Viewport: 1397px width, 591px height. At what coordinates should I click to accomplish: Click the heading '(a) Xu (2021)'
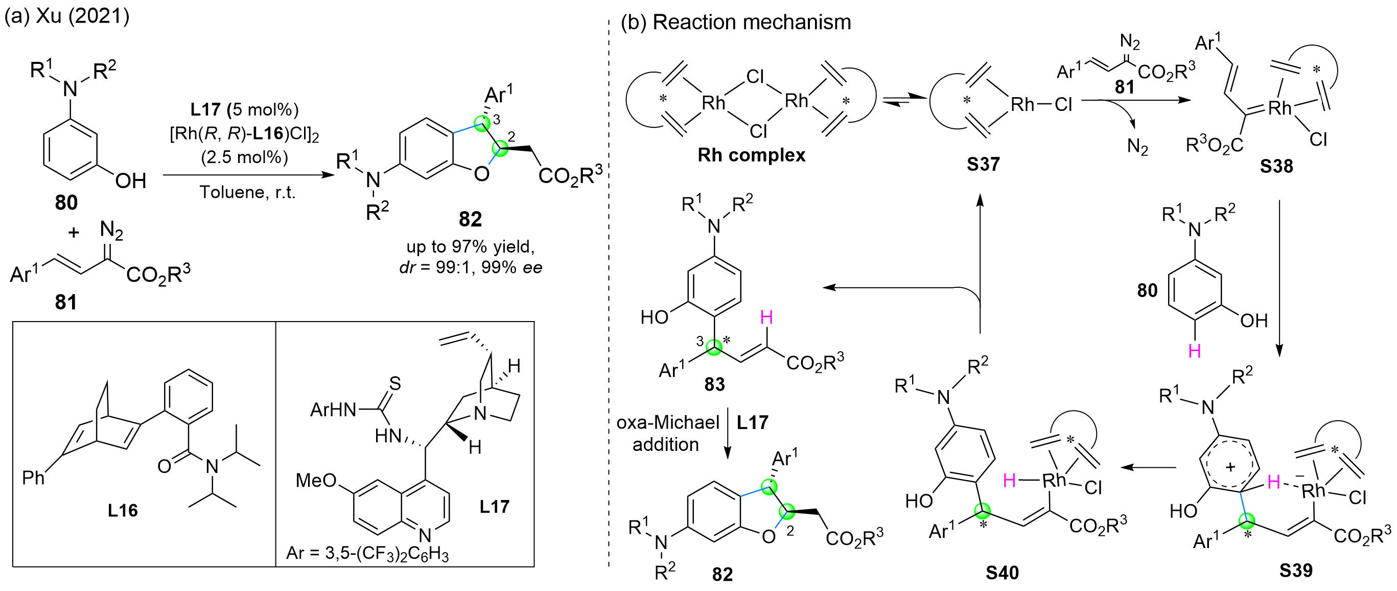pos(67,16)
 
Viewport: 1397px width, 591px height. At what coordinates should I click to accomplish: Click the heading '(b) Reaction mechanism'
pos(735,22)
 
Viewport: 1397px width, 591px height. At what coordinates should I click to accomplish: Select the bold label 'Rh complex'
pos(751,155)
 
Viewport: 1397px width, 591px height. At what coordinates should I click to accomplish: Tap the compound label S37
pos(983,164)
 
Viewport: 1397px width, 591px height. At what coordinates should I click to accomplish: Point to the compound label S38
pos(1276,166)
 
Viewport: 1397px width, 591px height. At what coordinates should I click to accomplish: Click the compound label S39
pos(1296,571)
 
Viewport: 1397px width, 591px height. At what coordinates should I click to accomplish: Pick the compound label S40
pos(1002,573)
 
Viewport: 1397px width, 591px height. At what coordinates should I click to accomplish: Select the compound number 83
pos(714,384)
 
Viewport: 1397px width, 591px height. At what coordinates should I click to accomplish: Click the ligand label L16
pos(123,510)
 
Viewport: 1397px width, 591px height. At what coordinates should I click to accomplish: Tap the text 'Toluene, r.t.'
pos(247,192)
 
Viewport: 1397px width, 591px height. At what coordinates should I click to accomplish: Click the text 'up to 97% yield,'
pos(470,247)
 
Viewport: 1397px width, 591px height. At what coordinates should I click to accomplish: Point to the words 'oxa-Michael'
pos(668,422)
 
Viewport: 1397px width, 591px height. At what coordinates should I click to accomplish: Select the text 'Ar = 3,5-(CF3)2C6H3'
pos(367,553)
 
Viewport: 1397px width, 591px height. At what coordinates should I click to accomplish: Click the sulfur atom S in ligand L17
pos(395,383)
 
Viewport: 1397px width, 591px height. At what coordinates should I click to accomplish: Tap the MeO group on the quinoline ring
pos(316,480)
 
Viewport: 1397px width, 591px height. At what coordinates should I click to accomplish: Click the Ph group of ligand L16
pos(33,478)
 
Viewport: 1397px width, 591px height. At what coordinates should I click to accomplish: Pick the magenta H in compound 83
pos(766,317)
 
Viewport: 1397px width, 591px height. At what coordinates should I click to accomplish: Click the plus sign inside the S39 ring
pos(1230,467)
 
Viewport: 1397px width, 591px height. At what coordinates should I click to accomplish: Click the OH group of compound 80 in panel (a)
pos(131,180)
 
